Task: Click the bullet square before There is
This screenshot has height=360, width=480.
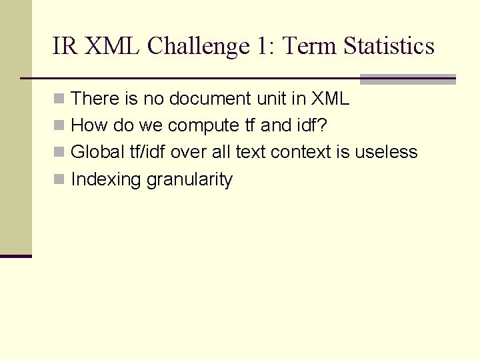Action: coord(60,99)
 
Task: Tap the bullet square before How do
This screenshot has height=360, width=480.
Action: coord(60,126)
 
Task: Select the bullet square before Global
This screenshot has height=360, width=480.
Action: coord(60,153)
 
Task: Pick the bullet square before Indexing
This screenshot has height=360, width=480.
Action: coord(60,180)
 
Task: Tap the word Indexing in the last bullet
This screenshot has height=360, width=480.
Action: coord(106,180)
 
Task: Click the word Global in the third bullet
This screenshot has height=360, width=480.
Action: coord(93,152)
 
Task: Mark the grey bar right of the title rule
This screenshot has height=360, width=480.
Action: coord(407,79)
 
